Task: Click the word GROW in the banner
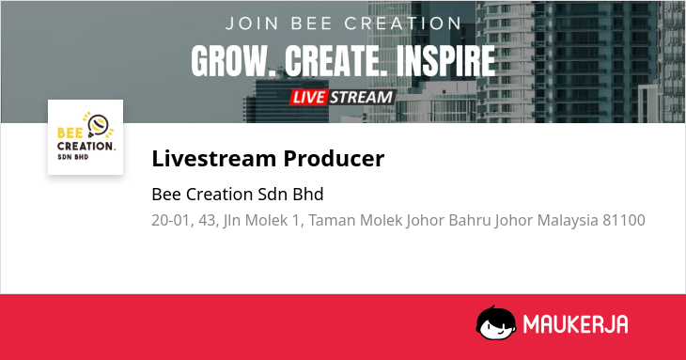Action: (x=233, y=61)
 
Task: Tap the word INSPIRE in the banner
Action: (x=445, y=61)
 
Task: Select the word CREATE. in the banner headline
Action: (x=336, y=61)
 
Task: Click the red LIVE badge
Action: (x=308, y=97)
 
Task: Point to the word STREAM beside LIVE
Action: (x=362, y=97)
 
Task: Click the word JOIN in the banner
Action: (x=252, y=23)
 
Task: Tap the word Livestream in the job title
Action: (x=213, y=158)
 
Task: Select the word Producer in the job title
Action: (x=334, y=158)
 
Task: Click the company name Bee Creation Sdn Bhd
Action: (x=238, y=195)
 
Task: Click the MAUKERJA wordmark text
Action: (x=576, y=324)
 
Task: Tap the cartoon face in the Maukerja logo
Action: (x=496, y=323)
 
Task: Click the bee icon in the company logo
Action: (x=98, y=126)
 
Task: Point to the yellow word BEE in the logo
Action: (x=70, y=133)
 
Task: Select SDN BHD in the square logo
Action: (x=73, y=157)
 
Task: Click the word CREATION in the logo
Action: (x=86, y=146)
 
